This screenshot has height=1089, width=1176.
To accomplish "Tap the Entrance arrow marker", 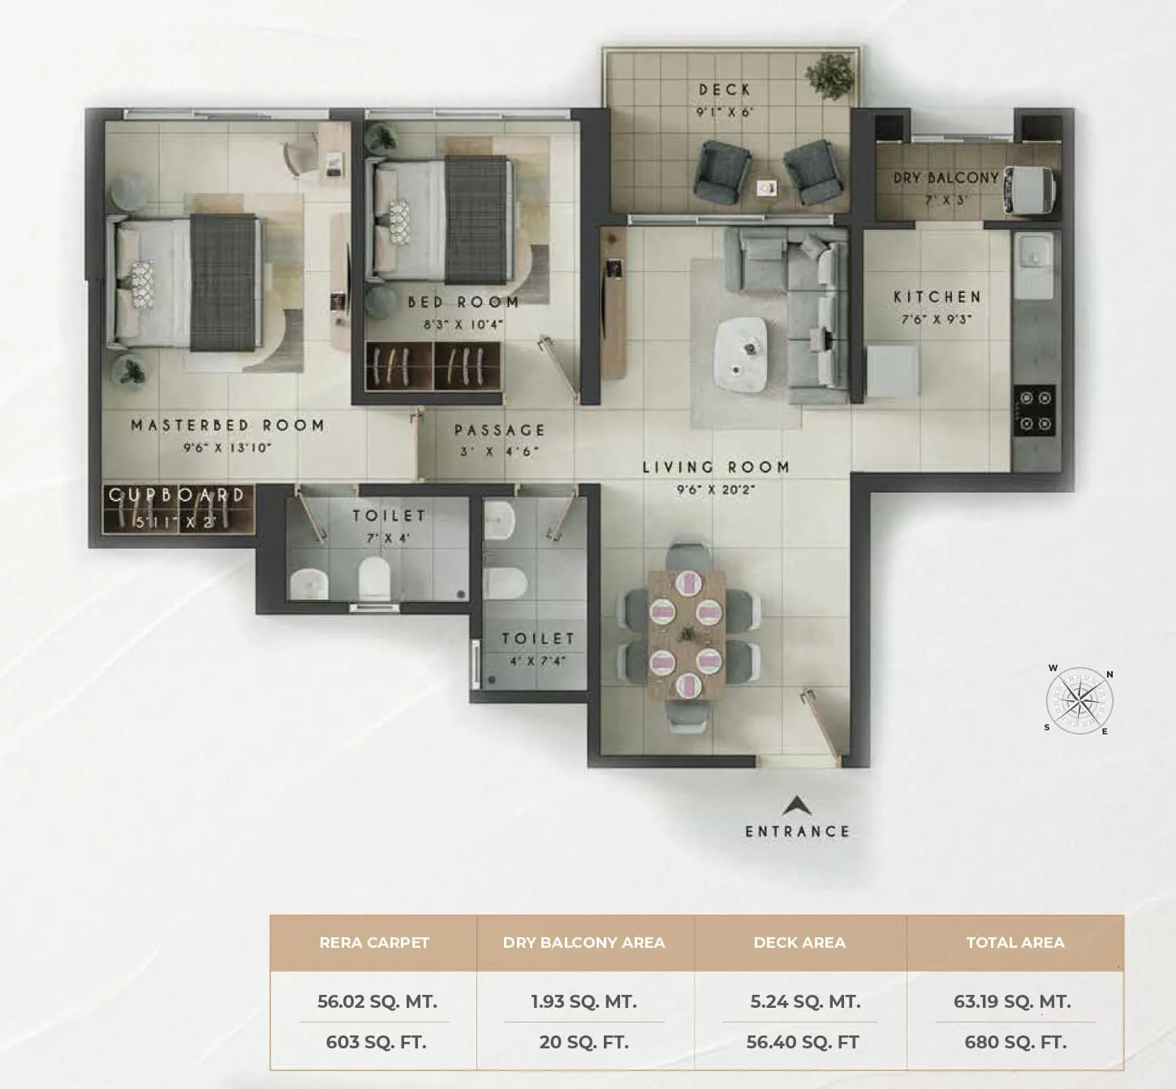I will [796, 806].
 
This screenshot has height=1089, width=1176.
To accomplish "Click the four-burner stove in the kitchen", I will [1035, 411].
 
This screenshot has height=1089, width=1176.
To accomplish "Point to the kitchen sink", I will [1032, 256].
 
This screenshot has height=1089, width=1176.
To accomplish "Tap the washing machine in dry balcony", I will [1028, 193].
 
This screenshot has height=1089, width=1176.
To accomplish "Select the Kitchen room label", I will [937, 297].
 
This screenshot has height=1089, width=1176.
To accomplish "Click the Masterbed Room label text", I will [227, 425].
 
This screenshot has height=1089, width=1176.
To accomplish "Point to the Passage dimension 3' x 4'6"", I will [499, 451].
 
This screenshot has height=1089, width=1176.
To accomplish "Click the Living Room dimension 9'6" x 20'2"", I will [716, 489].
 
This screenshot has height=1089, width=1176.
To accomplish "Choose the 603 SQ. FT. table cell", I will [376, 1042].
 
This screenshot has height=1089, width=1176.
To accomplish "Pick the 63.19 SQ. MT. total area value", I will [1012, 1001].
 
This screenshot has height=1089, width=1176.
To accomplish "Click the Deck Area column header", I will [799, 942].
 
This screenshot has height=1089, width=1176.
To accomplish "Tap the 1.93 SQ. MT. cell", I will [584, 1001].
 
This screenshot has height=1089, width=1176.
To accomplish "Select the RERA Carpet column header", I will [374, 942].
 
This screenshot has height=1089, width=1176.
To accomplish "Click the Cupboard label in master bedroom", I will [177, 495].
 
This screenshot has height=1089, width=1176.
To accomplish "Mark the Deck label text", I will [725, 89].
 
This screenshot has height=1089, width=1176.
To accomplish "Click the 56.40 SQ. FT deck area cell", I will [802, 1042].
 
